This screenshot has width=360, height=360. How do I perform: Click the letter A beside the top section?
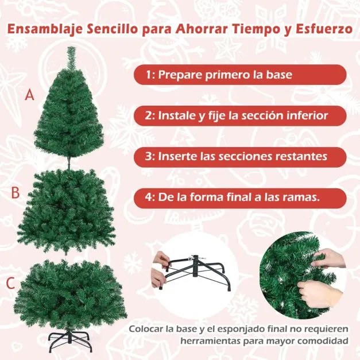click(x=29, y=95)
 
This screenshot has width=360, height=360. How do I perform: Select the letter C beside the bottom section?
click(x=10, y=283)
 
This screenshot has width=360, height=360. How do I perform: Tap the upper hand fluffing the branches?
click(x=330, y=258)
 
